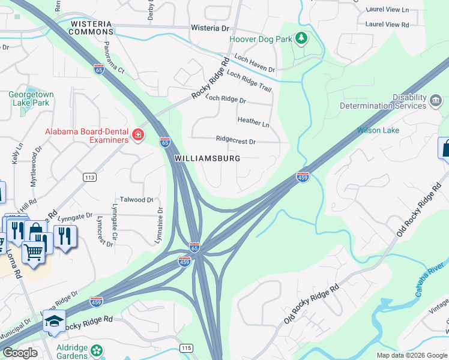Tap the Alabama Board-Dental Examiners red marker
click(138, 135)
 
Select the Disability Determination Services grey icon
click(436, 99)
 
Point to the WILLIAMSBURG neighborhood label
click(207, 158)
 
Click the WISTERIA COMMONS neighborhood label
click(92, 27)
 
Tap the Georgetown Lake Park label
click(31, 98)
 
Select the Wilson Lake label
click(378, 130)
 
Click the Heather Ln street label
click(253, 122)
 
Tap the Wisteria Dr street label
click(210, 28)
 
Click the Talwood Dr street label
click(137, 200)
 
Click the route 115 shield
click(186, 348)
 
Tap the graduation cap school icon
click(54, 322)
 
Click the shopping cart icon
click(34, 252)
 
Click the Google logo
click(20, 353)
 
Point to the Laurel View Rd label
click(387, 25)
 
